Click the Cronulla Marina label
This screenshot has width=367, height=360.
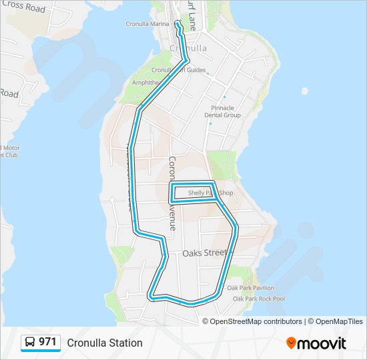[147, 24]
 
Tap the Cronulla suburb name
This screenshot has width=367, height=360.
[188, 49]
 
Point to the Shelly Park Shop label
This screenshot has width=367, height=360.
[210, 193]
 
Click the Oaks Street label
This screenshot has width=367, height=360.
[205, 253]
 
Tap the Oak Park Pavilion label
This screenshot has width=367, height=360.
[250, 288]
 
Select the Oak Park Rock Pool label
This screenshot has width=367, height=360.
[258, 299]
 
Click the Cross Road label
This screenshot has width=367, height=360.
[23, 8]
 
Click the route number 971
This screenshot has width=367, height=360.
[47, 342]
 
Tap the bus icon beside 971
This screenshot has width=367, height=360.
[30, 342]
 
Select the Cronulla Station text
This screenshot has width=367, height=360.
[105, 343]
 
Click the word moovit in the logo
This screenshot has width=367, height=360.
[322, 343]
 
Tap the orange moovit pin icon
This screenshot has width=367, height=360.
[292, 343]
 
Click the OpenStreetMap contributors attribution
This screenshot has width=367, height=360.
[256, 321]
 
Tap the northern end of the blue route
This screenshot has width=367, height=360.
[177, 23]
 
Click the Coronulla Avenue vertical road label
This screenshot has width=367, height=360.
[171, 193]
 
